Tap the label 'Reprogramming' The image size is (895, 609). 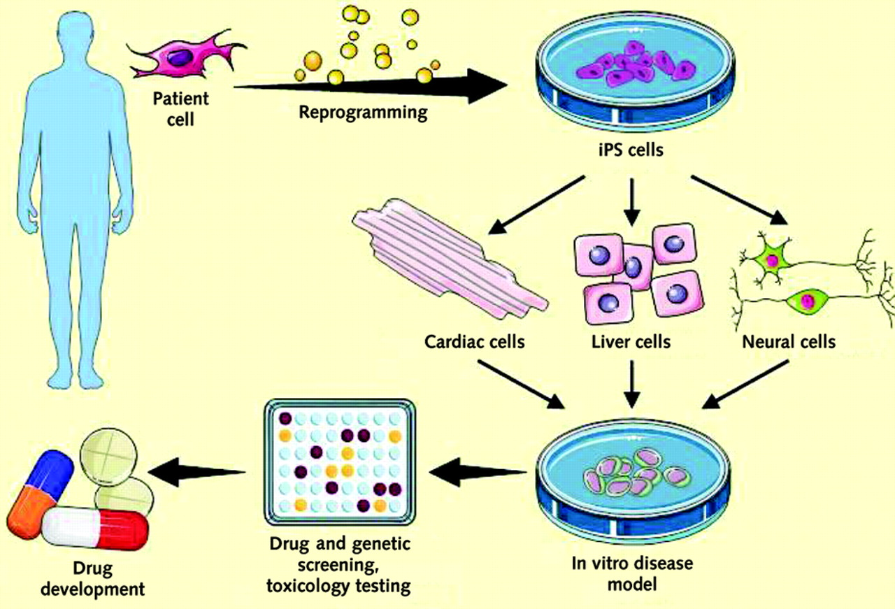tap(363, 112)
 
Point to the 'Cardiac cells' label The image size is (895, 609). tap(475, 342)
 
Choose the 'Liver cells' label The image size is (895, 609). tap(631, 342)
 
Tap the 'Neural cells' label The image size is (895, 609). tap(789, 342)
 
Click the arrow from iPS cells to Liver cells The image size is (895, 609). tap(632, 197)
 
